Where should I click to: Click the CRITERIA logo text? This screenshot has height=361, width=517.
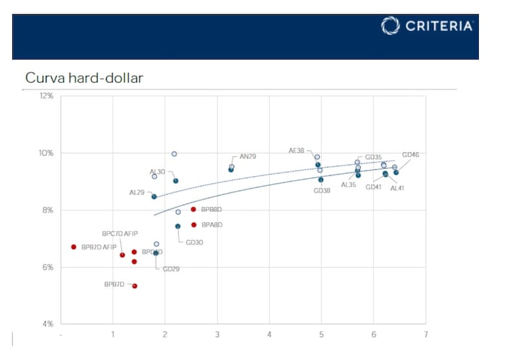439,26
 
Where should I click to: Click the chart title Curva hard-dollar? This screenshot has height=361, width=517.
84,78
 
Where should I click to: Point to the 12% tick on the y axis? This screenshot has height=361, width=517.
47,96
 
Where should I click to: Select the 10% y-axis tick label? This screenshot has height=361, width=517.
47,153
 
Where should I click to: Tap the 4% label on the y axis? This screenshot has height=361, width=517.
48,324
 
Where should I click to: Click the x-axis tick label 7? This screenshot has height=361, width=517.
425,335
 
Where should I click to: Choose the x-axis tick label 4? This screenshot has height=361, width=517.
269,335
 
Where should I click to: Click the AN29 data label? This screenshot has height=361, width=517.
249,156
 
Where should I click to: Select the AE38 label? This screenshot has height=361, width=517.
297,150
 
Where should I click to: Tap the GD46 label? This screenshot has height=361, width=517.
410,155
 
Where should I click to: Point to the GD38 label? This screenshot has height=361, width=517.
322,191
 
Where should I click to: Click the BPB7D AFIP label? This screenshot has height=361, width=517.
99,247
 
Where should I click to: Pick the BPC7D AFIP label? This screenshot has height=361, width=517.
120,233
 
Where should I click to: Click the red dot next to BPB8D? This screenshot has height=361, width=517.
193,209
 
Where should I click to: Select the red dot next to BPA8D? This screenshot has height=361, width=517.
194,225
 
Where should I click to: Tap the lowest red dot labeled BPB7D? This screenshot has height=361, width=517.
134,286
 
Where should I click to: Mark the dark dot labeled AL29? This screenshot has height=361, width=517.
154,196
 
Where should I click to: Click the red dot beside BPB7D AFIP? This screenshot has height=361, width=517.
74,247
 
